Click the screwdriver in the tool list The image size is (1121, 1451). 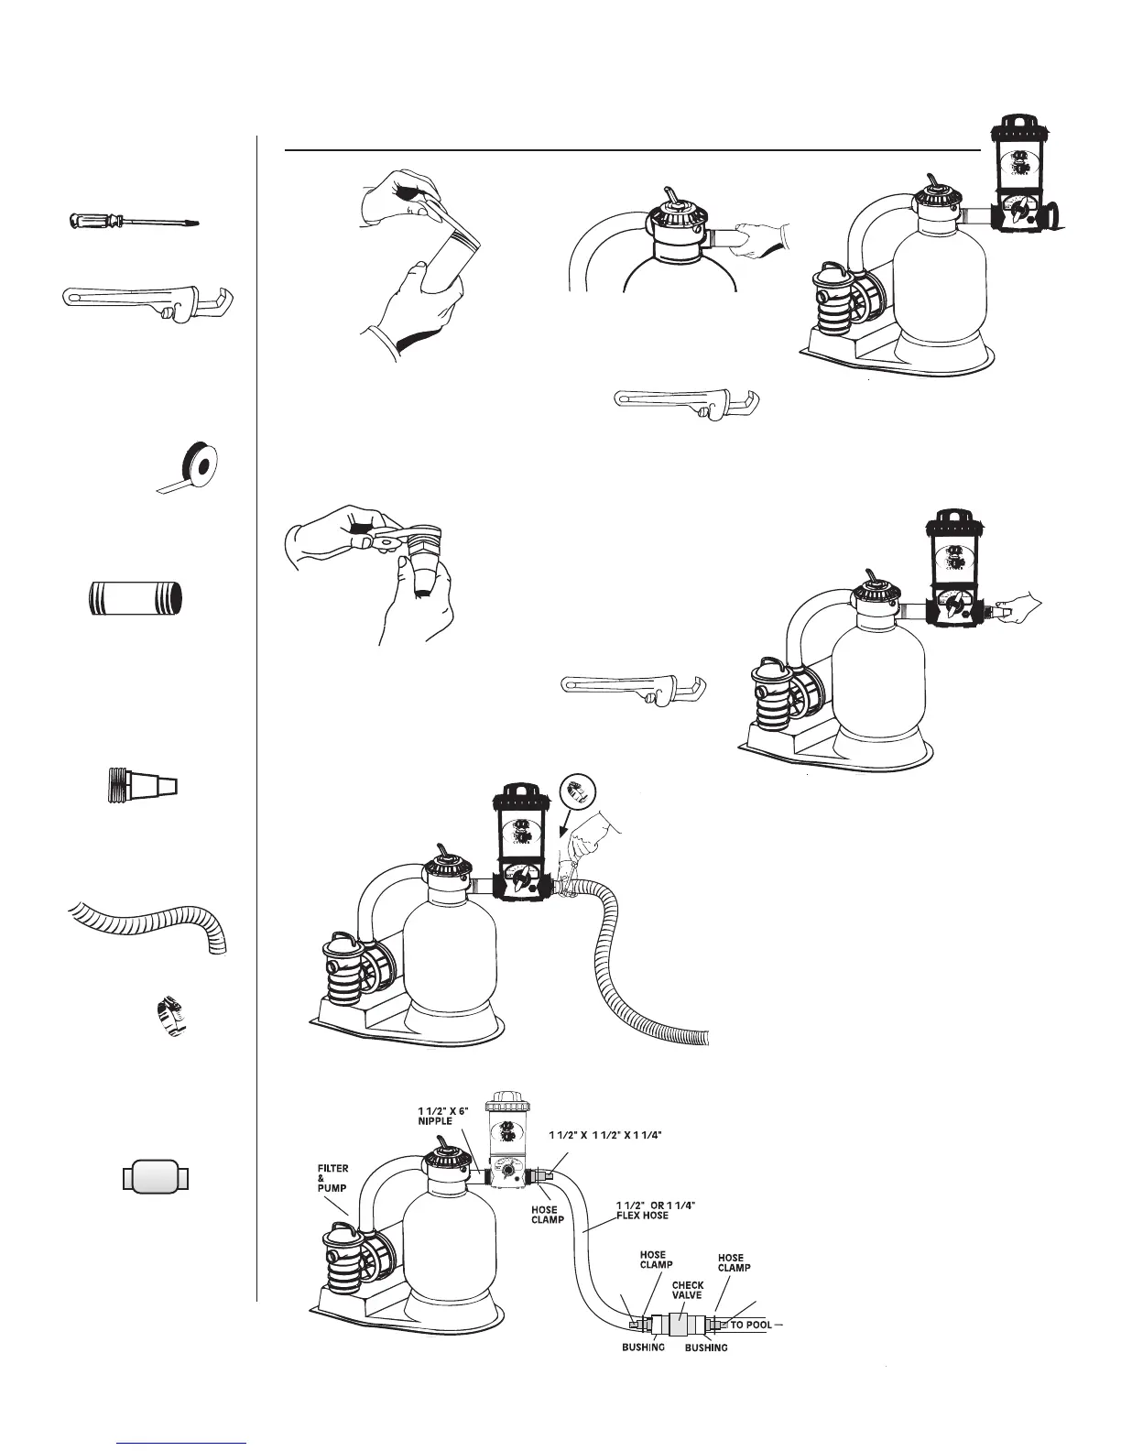pos(134,222)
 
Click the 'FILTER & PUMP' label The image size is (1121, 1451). pos(332,1180)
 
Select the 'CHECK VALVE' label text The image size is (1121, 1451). pos(688,1290)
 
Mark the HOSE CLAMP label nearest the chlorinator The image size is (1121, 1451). pos(545,1215)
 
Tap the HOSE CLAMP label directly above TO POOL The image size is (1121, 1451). pos(735,1262)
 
